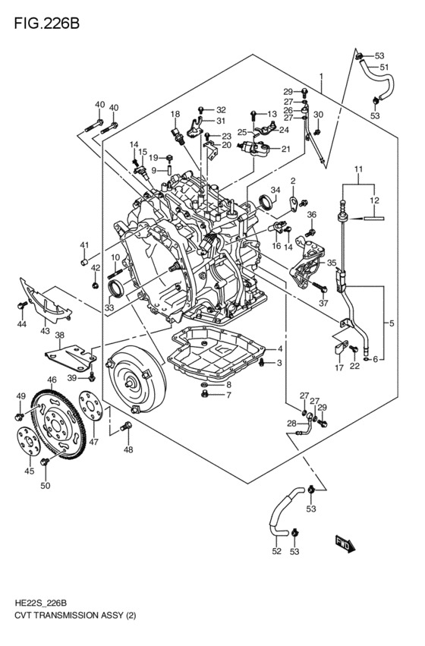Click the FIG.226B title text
tap(46, 24)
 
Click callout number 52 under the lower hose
tap(277, 551)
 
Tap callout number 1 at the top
tap(321, 77)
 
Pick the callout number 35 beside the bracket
tap(332, 263)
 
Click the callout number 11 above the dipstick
tap(358, 169)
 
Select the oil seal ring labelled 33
tap(115, 288)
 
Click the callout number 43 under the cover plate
tap(45, 331)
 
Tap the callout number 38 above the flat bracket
tap(60, 336)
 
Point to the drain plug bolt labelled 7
tap(205, 395)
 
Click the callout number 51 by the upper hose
tap(384, 67)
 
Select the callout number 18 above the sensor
tap(175, 114)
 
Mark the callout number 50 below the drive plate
tap(46, 486)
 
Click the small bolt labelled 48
tap(126, 427)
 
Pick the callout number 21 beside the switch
tap(286, 149)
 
